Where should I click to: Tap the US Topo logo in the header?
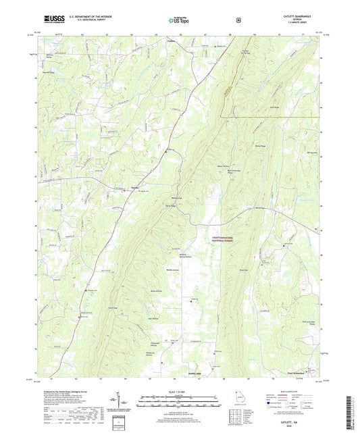(x=178, y=20)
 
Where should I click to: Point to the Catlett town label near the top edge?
(x=171, y=40)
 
